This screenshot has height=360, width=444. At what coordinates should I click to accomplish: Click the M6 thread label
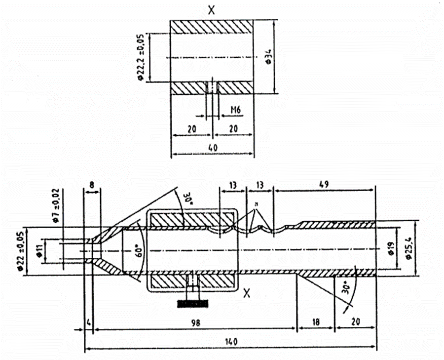(x=236, y=110)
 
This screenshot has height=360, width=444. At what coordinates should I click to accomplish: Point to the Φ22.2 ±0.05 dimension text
(x=142, y=57)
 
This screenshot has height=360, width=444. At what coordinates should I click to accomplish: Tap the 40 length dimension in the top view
(x=213, y=148)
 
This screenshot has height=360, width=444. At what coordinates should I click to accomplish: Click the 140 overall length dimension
(x=231, y=341)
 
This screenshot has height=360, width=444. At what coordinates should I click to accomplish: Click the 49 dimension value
(x=324, y=184)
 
